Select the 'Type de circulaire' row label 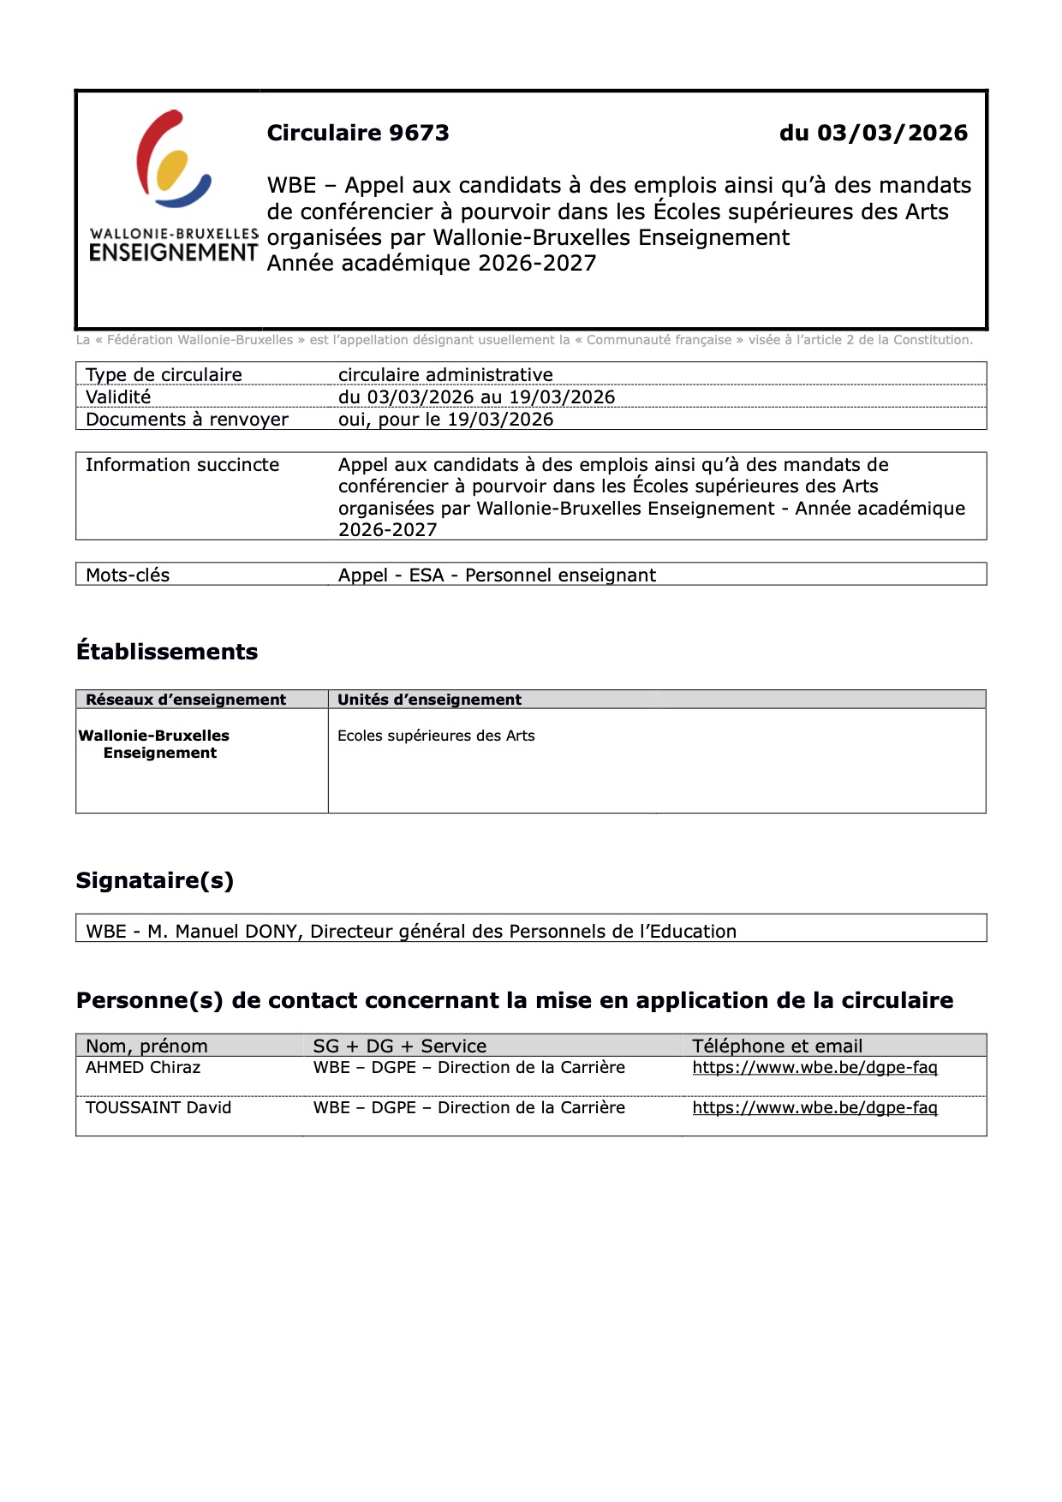point(164,374)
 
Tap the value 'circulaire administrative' point(445,374)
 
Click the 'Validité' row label point(118,396)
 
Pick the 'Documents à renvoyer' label point(187,419)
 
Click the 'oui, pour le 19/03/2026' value point(445,419)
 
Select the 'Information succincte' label point(182,464)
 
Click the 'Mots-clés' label point(128,575)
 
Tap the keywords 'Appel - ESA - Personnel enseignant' point(497,575)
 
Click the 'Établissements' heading point(167,652)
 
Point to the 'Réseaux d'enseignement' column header point(186,699)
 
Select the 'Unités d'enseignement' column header point(429,699)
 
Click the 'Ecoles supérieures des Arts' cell point(436,736)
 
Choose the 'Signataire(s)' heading point(155,880)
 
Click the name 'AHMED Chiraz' point(143,1067)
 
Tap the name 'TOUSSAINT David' point(158,1107)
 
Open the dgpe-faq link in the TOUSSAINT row point(814,1107)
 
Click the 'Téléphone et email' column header point(777,1046)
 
